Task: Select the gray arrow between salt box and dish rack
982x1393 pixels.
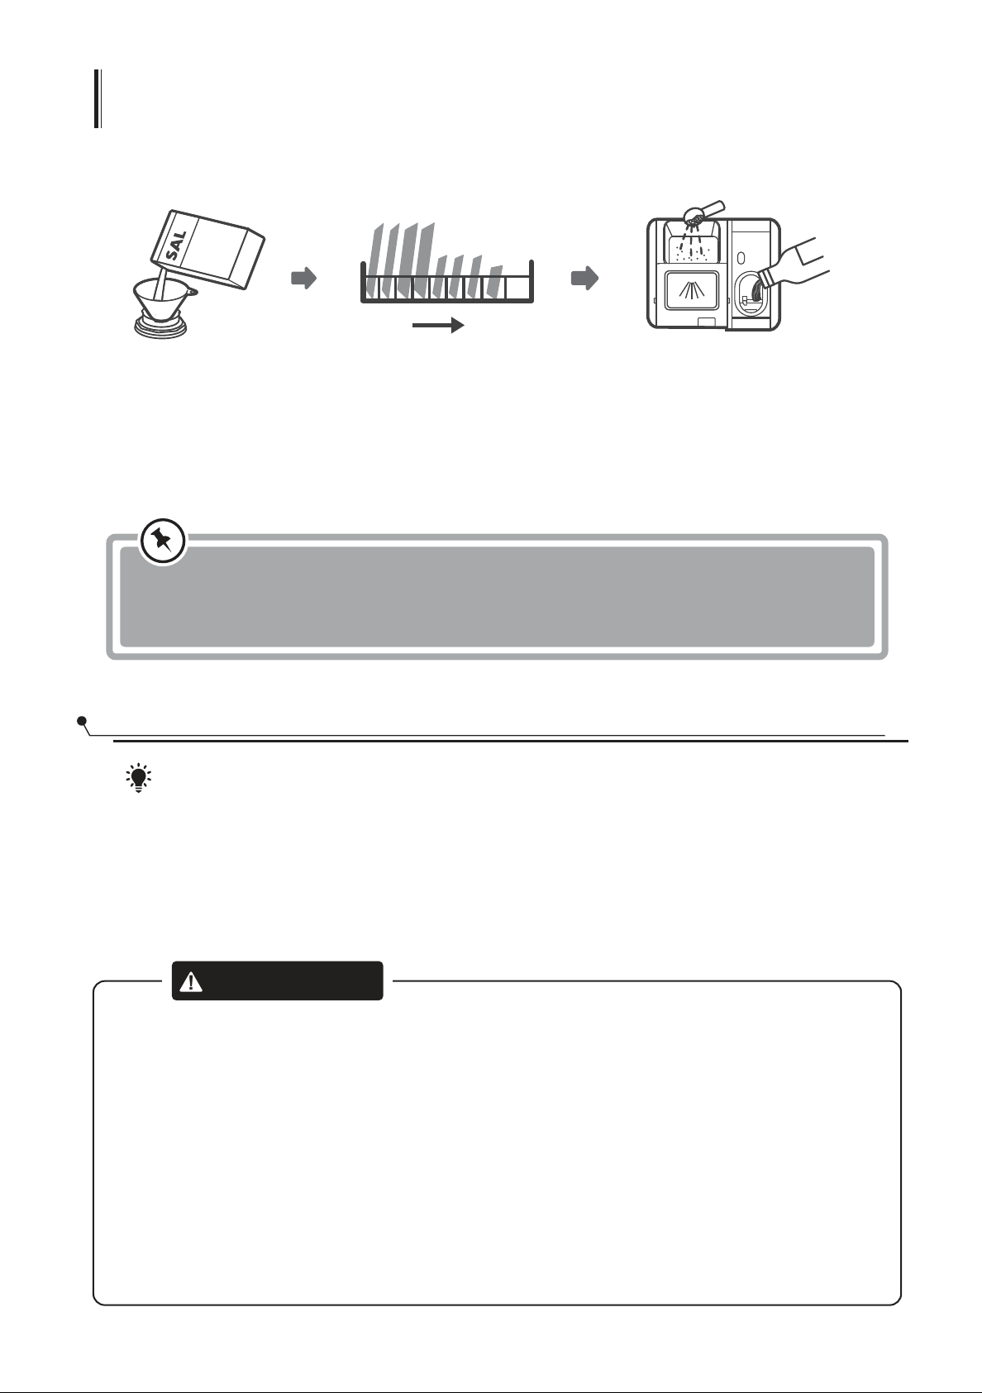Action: pos(303,279)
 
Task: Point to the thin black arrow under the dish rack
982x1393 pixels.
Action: pos(439,327)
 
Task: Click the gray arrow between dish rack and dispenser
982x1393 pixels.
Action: pos(584,279)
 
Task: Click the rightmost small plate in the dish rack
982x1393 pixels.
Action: pos(494,281)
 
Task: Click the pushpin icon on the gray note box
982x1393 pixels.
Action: pos(162,541)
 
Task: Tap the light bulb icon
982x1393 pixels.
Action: pos(138,779)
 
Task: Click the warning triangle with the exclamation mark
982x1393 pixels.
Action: pos(192,981)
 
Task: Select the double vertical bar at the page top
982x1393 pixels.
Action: pos(98,99)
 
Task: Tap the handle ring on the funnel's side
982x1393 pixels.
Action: pos(193,291)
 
